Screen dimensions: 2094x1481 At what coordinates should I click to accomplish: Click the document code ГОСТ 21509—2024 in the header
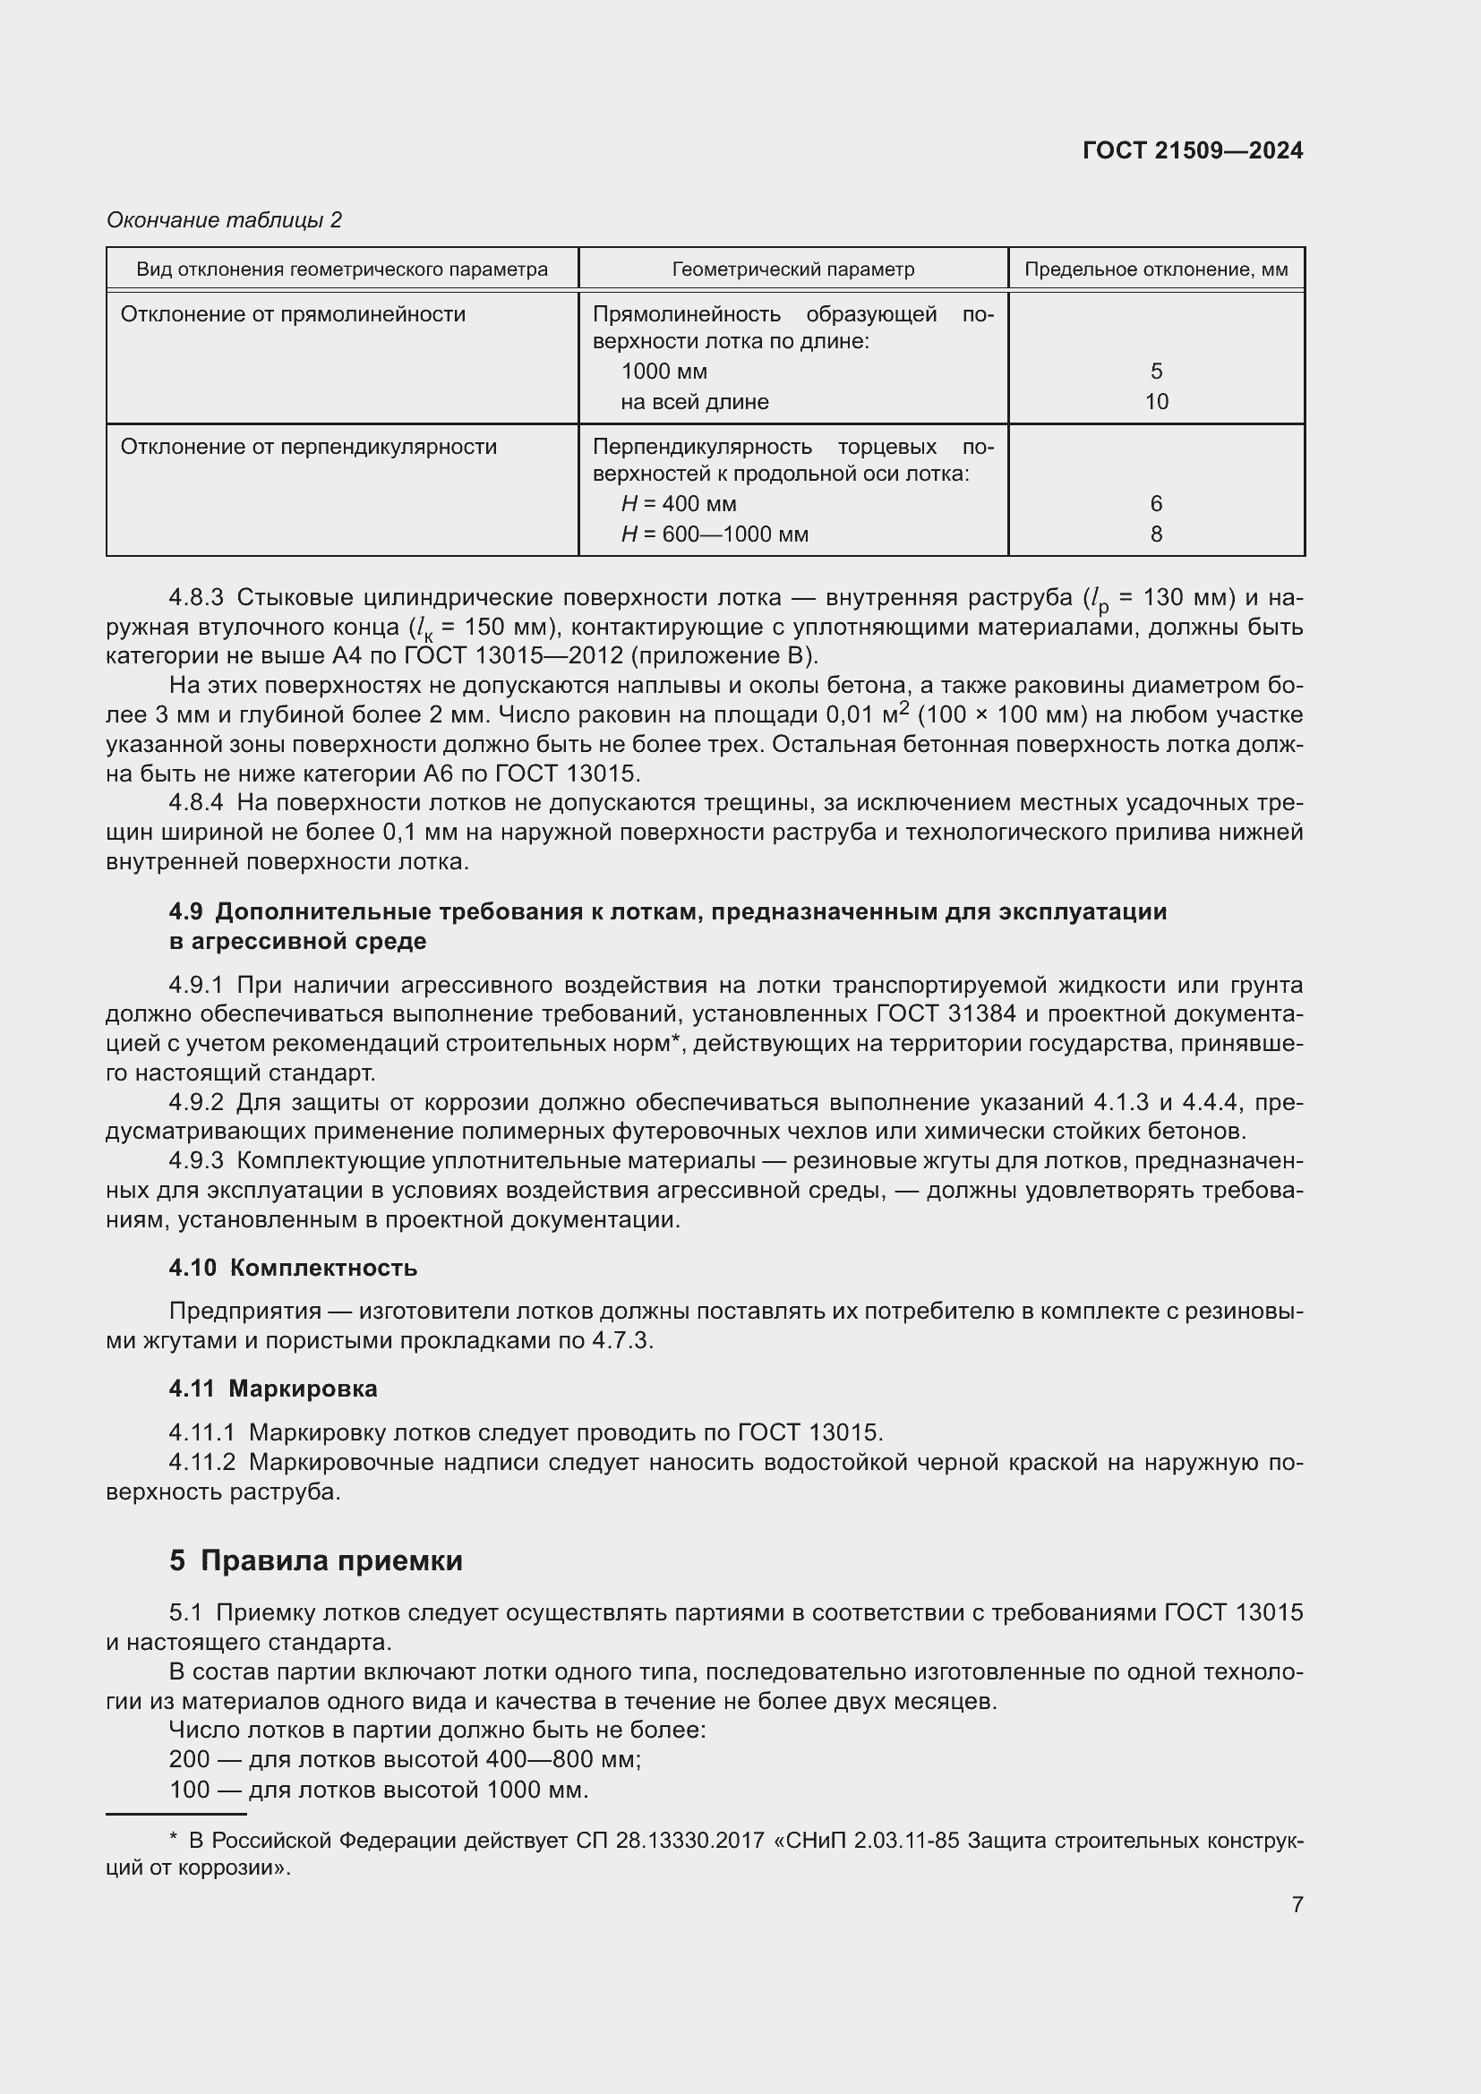pyautogui.click(x=1192, y=150)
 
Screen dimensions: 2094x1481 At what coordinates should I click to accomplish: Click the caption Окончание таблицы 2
pyautogui.click(x=225, y=220)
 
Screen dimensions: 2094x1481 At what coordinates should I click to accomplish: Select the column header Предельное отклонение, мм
pyautogui.click(x=1155, y=269)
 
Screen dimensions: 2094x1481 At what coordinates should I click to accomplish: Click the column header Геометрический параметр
pyautogui.click(x=792, y=269)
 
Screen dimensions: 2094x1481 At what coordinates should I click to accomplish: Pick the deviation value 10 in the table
pyautogui.click(x=1155, y=401)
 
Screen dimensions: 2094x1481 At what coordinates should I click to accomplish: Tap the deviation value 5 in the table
pyautogui.click(x=1155, y=372)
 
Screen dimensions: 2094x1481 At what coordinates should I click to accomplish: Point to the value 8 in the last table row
pyautogui.click(x=1155, y=534)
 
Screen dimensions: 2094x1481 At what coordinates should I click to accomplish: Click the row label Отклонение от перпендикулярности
pyautogui.click(x=308, y=447)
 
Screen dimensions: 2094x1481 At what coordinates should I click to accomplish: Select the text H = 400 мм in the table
pyautogui.click(x=679, y=504)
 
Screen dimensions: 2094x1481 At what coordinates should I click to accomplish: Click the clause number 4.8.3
pyautogui.click(x=196, y=597)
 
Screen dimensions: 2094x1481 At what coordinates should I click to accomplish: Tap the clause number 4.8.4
pyautogui.click(x=196, y=802)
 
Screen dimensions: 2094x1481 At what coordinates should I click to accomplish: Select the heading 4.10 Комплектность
pyautogui.click(x=293, y=1268)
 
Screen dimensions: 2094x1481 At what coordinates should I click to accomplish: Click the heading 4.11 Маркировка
pyautogui.click(x=273, y=1389)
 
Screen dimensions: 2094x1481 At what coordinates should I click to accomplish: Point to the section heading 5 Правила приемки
pyautogui.click(x=315, y=1560)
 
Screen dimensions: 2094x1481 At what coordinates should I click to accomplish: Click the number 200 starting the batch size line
pyautogui.click(x=189, y=1759)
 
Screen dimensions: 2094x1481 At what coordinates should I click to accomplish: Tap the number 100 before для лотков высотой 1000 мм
pyautogui.click(x=189, y=1790)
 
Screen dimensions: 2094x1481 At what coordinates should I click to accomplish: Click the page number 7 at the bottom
pyautogui.click(x=1297, y=1904)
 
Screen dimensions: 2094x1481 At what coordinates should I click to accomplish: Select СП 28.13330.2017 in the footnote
pyautogui.click(x=670, y=1841)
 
